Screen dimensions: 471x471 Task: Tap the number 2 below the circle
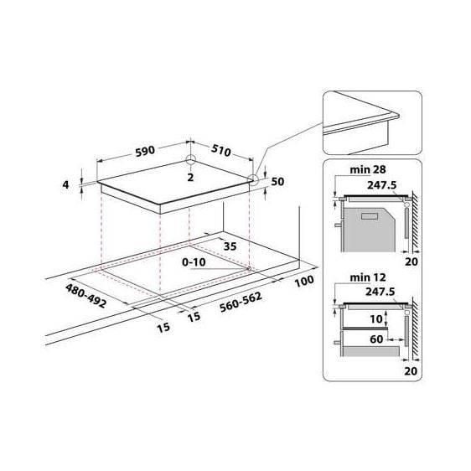190,177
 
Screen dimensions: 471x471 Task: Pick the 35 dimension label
229,247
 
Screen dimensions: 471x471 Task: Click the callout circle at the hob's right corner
252,179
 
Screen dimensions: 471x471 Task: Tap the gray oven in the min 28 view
370,226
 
